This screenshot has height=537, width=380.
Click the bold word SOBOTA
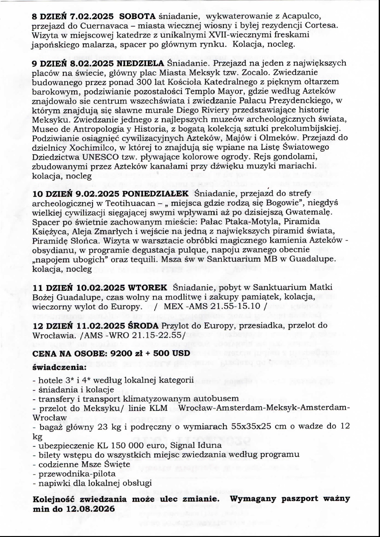pyautogui.click(x=141, y=16)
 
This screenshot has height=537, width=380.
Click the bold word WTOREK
pyautogui.click(x=147, y=288)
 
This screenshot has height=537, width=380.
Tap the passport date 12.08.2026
pyautogui.click(x=91, y=509)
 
